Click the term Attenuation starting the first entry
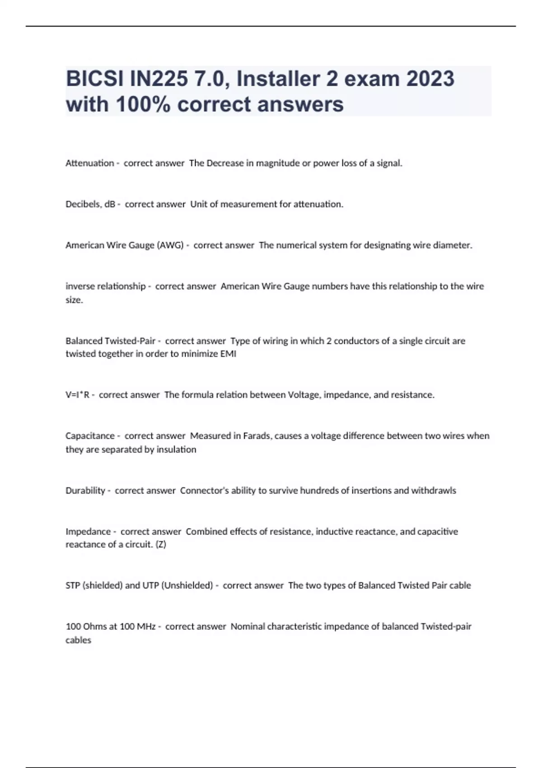pyautogui.click(x=89, y=163)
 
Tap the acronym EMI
pyautogui.click(x=228, y=354)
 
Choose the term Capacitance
pyautogui.click(x=90, y=436)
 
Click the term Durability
pyautogui.click(x=85, y=491)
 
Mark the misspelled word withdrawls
pyautogui.click(x=434, y=491)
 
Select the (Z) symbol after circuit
pyautogui.click(x=161, y=545)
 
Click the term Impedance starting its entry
pyautogui.click(x=88, y=532)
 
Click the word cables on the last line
pyautogui.click(x=78, y=640)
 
